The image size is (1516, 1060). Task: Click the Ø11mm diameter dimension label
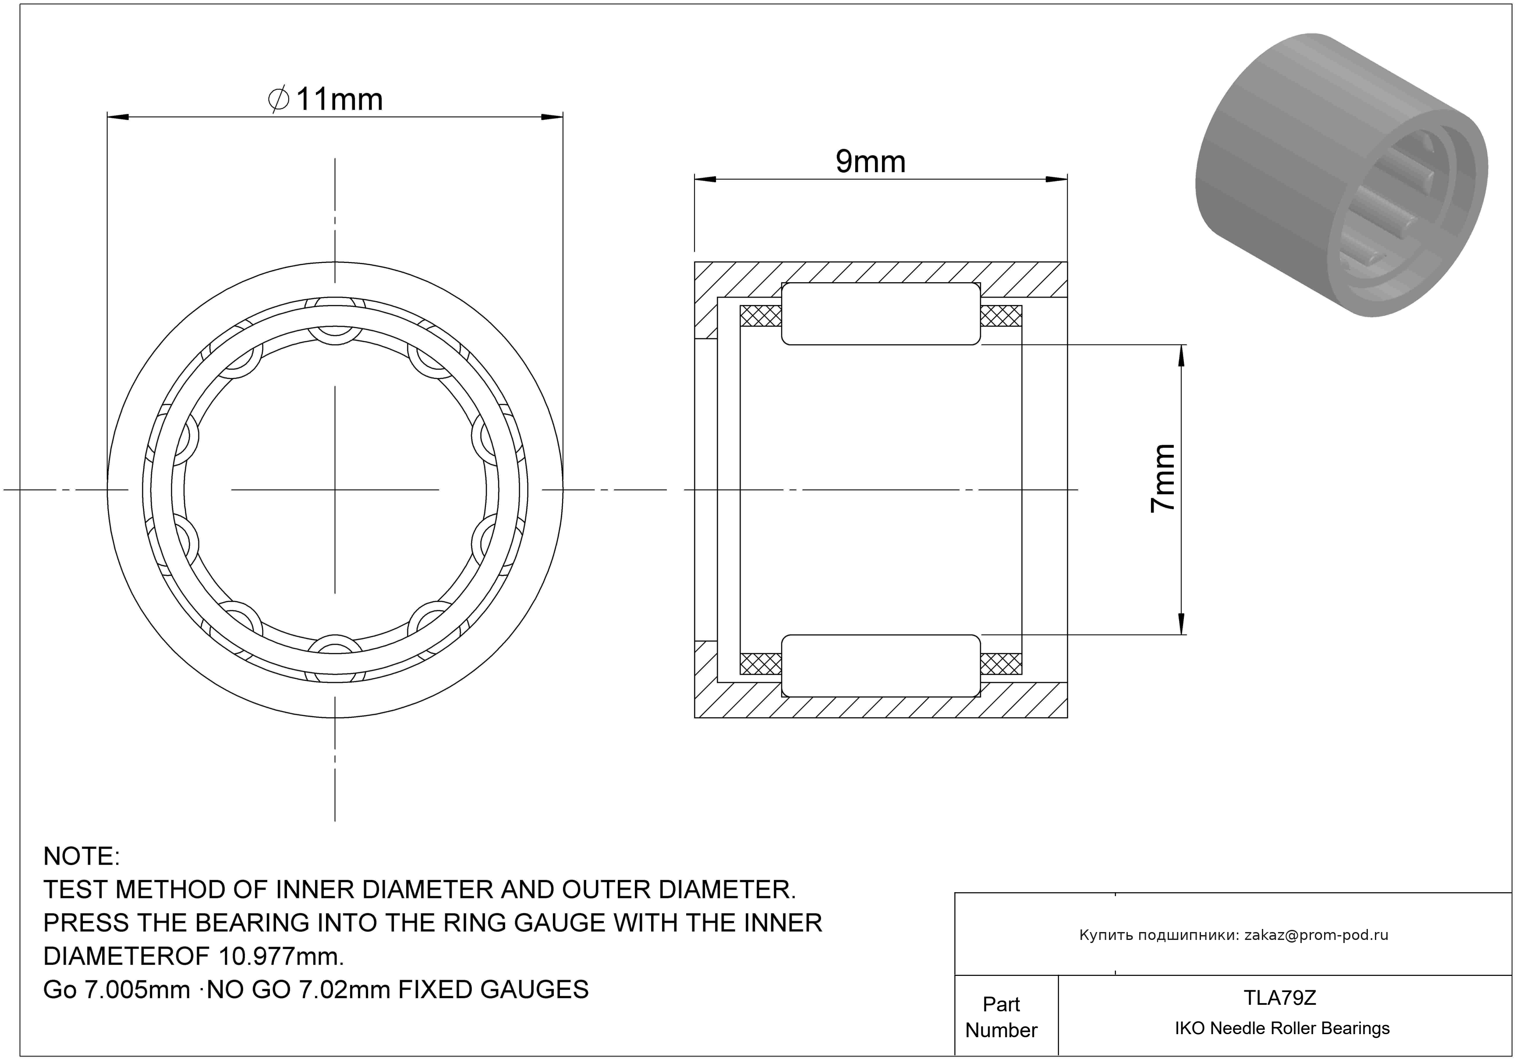click(x=326, y=100)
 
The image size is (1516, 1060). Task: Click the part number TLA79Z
click(x=1280, y=998)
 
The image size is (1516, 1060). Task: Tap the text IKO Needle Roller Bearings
click(x=1282, y=1028)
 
